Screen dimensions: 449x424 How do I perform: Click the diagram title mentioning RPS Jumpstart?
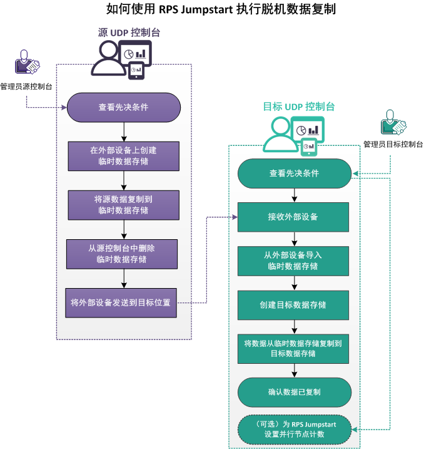point(213,10)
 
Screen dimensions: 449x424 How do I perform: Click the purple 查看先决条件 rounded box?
point(123,107)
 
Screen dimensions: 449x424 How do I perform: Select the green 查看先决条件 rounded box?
point(294,173)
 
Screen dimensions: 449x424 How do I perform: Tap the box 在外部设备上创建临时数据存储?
point(123,156)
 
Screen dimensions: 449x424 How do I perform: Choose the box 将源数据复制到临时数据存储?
point(123,205)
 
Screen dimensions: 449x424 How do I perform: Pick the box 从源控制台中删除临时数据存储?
point(123,254)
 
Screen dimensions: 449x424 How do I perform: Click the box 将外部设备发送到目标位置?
point(123,302)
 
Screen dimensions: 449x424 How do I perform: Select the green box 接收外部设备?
point(294,217)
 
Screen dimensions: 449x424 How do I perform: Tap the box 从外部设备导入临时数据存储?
point(294,261)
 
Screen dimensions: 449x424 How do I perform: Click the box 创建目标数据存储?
point(294,305)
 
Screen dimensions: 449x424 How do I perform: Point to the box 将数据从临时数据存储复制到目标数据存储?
point(294,348)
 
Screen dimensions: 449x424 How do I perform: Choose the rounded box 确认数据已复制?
point(294,393)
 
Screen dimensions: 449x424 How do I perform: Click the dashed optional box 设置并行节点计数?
point(294,429)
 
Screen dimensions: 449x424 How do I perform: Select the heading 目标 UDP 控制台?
point(298,106)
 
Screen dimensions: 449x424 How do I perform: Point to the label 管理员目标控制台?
point(393,144)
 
